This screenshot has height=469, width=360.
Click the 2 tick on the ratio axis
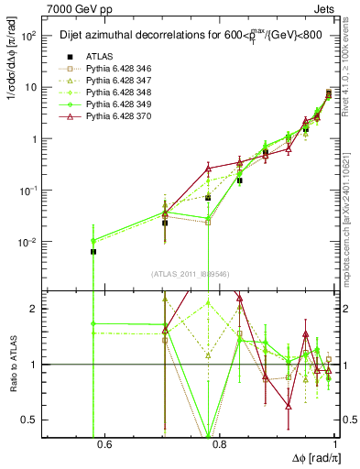click(34, 309)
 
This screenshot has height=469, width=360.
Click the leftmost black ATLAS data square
click(93, 251)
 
